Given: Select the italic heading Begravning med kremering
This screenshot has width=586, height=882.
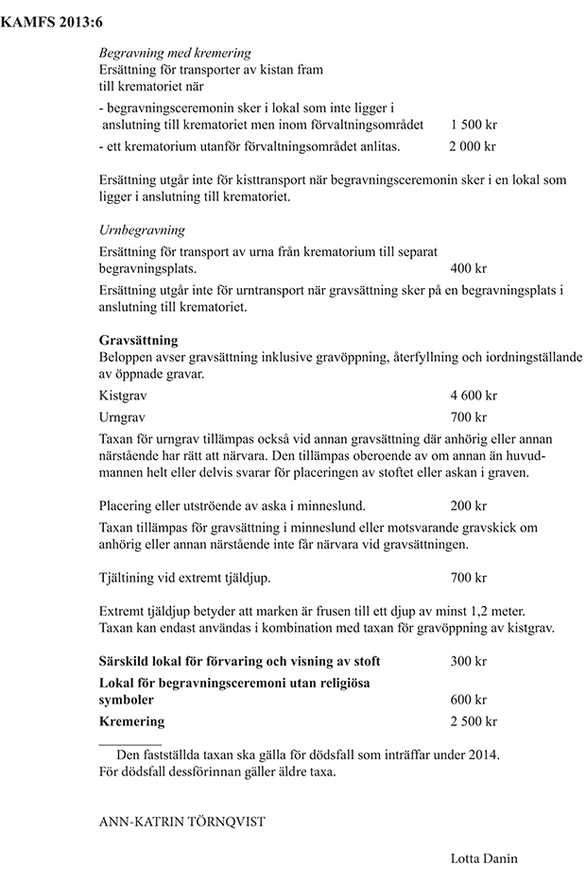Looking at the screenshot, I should tap(175, 54).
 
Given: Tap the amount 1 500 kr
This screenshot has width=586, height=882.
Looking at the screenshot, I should tap(474, 125).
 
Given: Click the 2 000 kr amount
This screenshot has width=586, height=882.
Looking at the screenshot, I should tap(473, 146).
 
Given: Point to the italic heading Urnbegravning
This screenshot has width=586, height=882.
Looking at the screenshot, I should tap(142, 229).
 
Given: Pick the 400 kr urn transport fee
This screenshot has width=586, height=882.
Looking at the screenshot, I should tap(469, 268).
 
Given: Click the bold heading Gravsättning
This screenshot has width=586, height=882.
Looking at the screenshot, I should tap(138, 339).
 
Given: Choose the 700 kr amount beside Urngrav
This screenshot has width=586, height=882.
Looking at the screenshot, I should tap(469, 416).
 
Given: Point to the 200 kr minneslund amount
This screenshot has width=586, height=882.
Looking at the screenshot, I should tap(469, 505).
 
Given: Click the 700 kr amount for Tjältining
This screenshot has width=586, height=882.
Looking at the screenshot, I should tap(469, 577).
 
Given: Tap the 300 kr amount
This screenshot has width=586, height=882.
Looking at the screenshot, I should tap(469, 660).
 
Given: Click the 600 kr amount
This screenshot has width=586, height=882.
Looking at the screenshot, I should tap(469, 700).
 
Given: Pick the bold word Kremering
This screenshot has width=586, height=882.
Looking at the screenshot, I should tap(131, 721).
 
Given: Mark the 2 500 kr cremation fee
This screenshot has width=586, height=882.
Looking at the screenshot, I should tap(474, 721).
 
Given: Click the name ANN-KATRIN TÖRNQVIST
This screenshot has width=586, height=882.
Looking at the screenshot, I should tap(181, 822).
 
